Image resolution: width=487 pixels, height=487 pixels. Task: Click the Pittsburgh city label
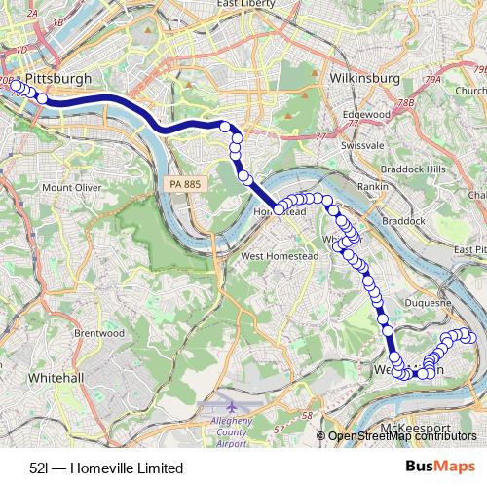pyautogui.click(x=60, y=77)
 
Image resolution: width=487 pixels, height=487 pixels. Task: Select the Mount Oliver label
pyautogui.click(x=71, y=187)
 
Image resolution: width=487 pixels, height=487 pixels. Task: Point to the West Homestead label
pyautogui.click(x=279, y=256)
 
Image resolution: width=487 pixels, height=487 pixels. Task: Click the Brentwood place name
pyautogui.click(x=98, y=332)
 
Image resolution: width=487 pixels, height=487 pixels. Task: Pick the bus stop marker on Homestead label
pyautogui.click(x=279, y=209)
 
